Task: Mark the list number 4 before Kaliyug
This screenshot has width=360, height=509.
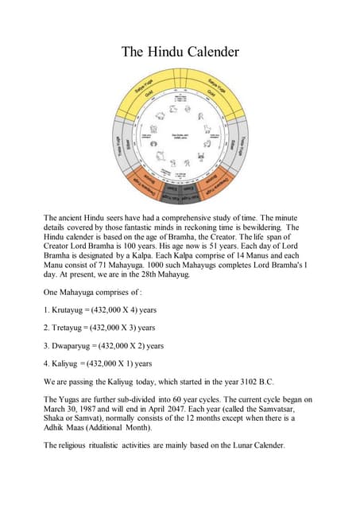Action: click(x=46, y=363)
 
